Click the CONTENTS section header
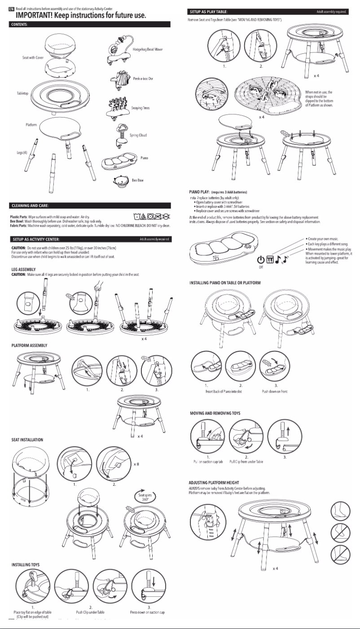click(18, 24)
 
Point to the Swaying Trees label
click(140, 108)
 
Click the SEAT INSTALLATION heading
click(27, 439)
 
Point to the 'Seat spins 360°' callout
click(145, 497)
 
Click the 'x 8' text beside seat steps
click(136, 464)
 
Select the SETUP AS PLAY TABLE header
click(209, 11)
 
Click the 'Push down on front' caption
click(275, 392)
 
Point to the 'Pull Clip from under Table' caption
click(246, 461)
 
